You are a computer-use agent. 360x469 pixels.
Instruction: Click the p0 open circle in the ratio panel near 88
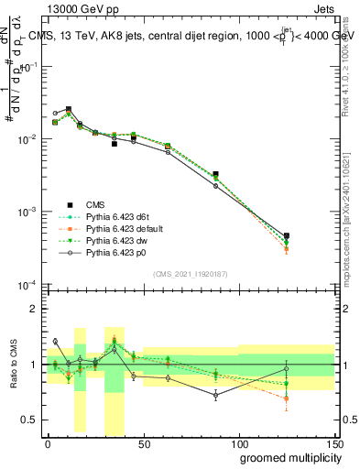[x=215, y=395]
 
